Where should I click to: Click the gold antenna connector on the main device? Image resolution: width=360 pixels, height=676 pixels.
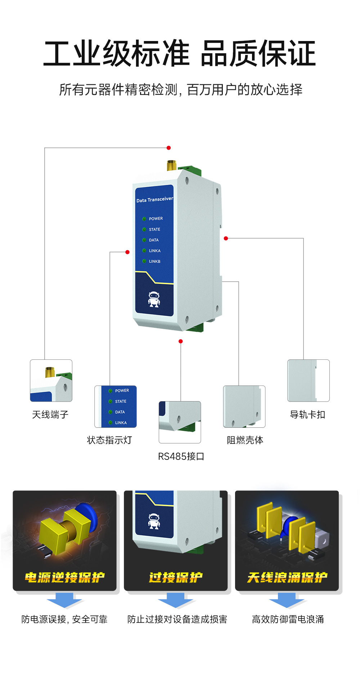172,166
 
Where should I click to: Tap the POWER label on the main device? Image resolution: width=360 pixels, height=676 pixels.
156,219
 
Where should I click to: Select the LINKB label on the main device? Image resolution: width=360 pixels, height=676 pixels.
154,262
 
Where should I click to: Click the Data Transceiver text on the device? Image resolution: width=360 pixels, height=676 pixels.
154,200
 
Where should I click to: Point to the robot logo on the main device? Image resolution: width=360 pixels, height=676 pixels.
154,299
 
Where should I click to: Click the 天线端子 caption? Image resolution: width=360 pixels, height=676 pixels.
50,415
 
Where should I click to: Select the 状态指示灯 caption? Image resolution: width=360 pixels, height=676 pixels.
109,440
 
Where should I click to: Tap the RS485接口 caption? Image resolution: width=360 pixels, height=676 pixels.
181,457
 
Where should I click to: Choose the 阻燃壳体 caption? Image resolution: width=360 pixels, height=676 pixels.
245,440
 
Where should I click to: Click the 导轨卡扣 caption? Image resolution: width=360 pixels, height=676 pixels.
307,415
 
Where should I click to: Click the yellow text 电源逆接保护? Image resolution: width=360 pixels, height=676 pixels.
65,577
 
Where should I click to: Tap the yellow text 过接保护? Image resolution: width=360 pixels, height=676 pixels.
176,577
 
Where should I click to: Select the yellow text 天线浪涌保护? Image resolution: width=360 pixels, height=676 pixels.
287,577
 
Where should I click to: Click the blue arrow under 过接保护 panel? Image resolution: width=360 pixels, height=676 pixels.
176,600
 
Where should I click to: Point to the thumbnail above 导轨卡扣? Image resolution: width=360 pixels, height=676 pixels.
308,380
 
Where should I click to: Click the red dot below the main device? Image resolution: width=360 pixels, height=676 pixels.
181,341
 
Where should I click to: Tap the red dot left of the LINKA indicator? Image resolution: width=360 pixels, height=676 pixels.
127,252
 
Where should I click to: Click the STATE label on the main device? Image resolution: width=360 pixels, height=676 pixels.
154,230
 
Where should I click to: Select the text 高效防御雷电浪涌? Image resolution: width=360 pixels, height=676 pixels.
288,619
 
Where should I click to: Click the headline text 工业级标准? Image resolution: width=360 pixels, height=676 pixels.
116,54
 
